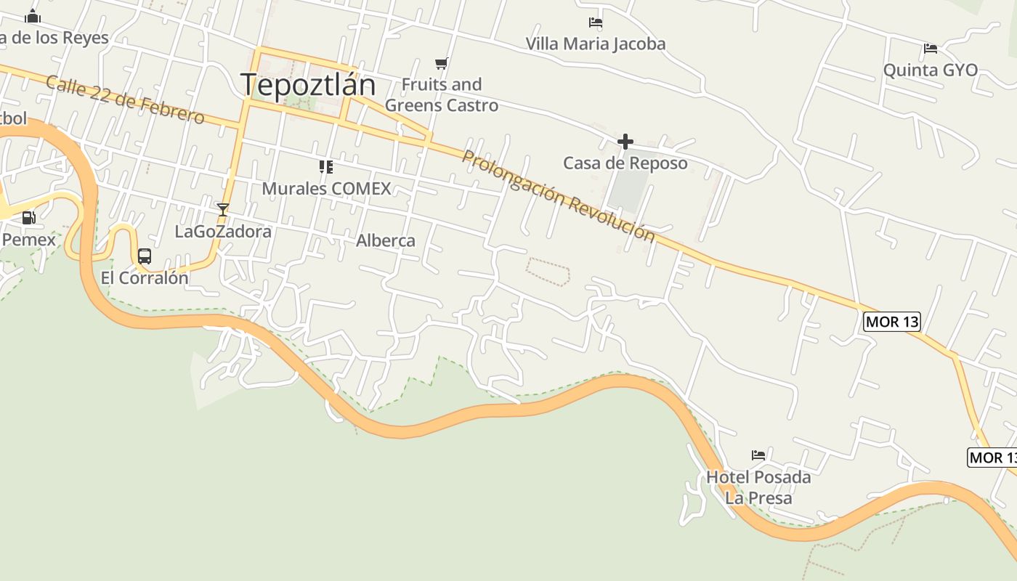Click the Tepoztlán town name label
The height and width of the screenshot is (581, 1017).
click(x=308, y=85)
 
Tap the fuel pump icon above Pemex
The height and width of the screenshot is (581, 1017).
click(x=28, y=217)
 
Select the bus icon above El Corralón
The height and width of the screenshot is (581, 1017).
click(x=145, y=256)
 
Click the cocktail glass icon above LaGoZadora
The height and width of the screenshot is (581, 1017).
click(x=223, y=209)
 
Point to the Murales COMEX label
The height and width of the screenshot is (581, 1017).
click(x=326, y=189)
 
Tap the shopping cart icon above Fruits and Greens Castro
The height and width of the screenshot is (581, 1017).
click(x=441, y=63)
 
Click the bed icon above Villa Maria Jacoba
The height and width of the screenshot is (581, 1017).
click(x=596, y=23)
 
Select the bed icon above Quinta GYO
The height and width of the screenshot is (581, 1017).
click(x=930, y=49)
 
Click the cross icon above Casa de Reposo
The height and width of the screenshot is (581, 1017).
click(x=625, y=142)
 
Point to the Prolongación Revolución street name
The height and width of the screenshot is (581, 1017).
click(x=558, y=195)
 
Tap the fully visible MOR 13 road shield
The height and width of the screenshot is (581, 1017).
click(x=892, y=322)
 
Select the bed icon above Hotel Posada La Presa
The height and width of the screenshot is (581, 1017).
click(x=758, y=455)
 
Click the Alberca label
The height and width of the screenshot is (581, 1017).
click(x=386, y=241)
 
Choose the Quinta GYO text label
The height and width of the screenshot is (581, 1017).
click(x=930, y=70)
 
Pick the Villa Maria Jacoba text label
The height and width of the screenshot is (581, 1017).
click(x=596, y=44)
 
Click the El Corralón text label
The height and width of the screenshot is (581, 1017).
click(x=145, y=278)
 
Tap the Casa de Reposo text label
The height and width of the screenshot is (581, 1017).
click(x=625, y=163)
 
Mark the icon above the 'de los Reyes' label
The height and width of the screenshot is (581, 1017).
click(x=33, y=16)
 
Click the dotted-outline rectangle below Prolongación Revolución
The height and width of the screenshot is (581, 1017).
click(x=548, y=272)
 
